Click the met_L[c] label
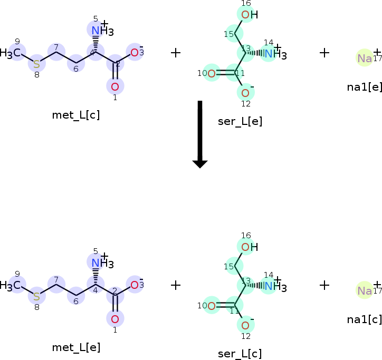pos(76,115)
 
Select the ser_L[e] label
pos(240,122)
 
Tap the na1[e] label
pos(364,86)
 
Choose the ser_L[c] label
pos(240,354)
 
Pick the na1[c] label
pos(364,319)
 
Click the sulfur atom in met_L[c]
pos(36,64)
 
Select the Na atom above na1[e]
pos(365,58)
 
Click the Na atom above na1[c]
pos(365,290)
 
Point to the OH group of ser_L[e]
pos(249,15)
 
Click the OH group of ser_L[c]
pos(249,247)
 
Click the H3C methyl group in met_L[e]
pos(12,285)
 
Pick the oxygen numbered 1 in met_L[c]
pos(115,86)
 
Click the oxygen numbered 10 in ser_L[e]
pos(212,73)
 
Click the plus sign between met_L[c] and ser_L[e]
pos(176,52)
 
